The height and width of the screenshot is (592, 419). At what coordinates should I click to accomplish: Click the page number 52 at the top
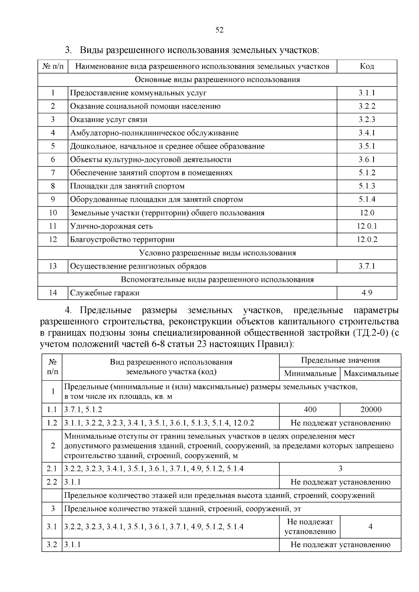tap(219, 30)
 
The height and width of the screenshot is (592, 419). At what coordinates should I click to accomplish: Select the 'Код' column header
tap(367, 66)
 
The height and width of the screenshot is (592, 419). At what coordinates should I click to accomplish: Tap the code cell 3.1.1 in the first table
tap(367, 93)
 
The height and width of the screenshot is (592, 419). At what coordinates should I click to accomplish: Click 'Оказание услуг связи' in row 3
tap(109, 120)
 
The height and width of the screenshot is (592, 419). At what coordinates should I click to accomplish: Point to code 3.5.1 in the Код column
tap(367, 146)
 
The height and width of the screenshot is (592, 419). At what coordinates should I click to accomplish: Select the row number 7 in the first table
tap(53, 173)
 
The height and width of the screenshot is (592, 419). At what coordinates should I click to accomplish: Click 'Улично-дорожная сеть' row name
tap(111, 226)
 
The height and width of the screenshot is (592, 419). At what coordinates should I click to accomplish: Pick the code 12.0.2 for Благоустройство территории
tap(367, 239)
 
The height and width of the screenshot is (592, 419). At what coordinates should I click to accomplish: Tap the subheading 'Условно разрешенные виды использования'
tap(217, 253)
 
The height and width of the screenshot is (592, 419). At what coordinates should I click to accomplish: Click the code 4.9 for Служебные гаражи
tap(367, 293)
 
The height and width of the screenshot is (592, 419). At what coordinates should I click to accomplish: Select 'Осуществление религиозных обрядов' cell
tap(138, 266)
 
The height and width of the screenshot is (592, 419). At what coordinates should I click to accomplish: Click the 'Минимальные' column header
tap(310, 374)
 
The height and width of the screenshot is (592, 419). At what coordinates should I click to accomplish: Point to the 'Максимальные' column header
tap(371, 374)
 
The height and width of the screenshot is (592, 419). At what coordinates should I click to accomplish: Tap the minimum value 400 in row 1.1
tap(310, 410)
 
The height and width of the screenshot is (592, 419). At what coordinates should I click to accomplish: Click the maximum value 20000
tap(371, 410)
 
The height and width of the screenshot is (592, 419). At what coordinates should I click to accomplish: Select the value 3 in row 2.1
tap(340, 469)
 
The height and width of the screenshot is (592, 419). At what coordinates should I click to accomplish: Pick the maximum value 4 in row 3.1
tap(370, 526)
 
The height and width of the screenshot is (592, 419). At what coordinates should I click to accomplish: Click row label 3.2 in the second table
tap(52, 545)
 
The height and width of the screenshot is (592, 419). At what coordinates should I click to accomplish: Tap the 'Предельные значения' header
tap(340, 360)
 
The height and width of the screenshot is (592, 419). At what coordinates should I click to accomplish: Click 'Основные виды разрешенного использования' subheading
tap(217, 80)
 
